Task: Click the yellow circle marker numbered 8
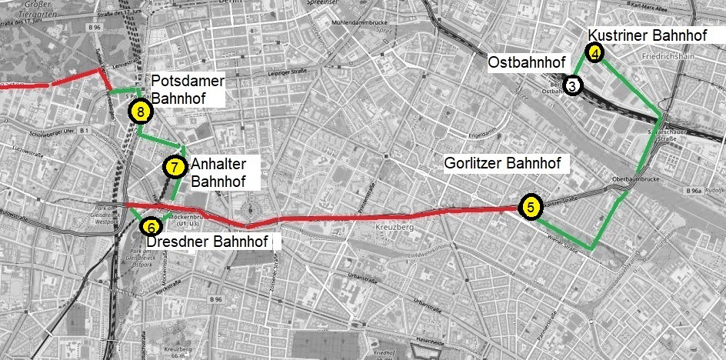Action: [140, 112]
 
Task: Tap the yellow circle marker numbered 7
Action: [175, 166]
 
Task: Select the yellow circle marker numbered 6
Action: [151, 227]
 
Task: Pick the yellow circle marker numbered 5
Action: [531, 207]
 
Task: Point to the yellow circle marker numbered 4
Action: [595, 52]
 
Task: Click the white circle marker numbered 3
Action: [573, 85]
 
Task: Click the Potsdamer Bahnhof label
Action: [188, 89]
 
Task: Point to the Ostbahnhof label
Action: [527, 62]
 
